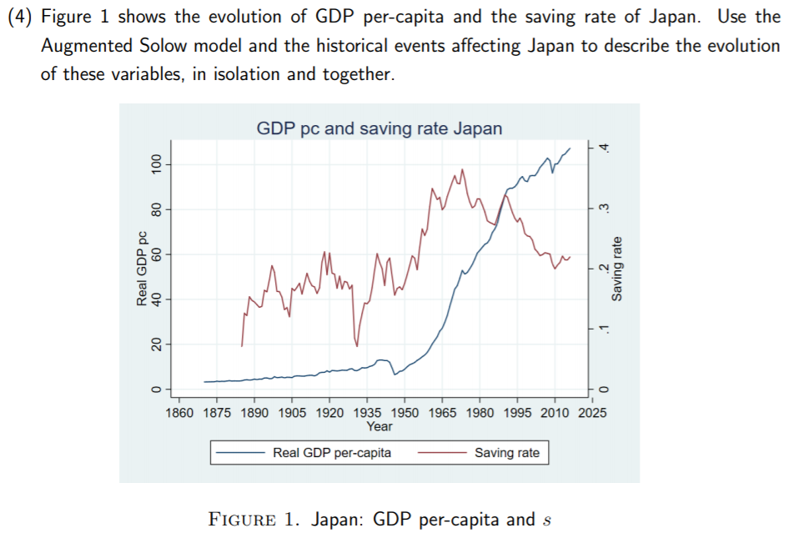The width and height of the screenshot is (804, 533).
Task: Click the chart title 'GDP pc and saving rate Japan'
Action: pos(379,128)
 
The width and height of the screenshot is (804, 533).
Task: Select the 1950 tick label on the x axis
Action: pos(405,413)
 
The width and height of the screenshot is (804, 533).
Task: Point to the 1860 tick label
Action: pos(180,413)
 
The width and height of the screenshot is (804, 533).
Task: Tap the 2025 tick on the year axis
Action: pos(592,413)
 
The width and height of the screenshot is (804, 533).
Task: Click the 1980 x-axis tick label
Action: pos(480,413)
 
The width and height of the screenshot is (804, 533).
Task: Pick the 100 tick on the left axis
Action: pos(155,164)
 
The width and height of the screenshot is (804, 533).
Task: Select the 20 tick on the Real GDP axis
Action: pos(155,344)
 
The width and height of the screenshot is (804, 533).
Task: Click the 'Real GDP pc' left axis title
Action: pos(143,269)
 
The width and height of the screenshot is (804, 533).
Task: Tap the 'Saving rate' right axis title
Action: pos(617,269)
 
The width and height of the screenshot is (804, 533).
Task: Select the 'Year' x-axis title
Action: pos(379,426)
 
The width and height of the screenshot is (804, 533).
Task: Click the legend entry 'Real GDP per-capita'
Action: pos(332,453)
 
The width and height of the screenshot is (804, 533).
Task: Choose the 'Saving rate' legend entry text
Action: pos(507,453)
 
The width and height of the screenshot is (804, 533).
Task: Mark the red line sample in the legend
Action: pos(441,453)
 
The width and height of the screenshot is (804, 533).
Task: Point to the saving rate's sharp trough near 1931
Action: pos(357,345)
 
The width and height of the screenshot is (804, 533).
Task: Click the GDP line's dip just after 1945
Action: pos(394,374)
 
